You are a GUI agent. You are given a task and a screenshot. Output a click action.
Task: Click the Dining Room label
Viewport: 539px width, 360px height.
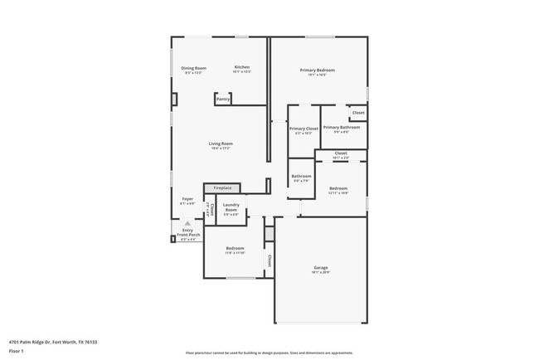195,68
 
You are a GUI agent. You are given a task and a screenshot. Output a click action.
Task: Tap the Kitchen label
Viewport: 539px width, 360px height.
241,67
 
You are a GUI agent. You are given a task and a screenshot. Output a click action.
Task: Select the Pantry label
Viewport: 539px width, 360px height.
222,100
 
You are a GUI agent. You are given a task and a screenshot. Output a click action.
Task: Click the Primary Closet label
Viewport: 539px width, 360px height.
303,129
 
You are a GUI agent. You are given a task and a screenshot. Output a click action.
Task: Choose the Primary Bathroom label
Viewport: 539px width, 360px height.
342,127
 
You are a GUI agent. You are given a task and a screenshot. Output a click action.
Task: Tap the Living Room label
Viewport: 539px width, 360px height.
221,144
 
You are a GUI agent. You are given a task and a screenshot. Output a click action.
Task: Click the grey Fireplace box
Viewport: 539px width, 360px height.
221,188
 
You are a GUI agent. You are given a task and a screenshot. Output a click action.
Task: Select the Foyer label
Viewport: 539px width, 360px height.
187,199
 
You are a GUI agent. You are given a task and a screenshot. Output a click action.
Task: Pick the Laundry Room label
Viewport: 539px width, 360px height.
231,207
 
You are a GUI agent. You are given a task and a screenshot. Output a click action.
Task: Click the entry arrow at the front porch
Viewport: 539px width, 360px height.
187,223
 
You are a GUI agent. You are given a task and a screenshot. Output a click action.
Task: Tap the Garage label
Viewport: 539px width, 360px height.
320,268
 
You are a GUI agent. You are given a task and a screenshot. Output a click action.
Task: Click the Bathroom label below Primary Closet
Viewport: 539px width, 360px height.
300,176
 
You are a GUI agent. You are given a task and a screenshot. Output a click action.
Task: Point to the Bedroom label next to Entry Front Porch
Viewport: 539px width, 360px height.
236,249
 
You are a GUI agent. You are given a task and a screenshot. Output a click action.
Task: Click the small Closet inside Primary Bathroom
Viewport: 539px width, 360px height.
358,113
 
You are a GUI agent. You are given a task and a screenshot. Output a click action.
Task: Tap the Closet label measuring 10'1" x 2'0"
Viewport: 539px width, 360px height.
341,153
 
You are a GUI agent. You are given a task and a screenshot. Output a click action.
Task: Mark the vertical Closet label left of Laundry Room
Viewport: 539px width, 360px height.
211,209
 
